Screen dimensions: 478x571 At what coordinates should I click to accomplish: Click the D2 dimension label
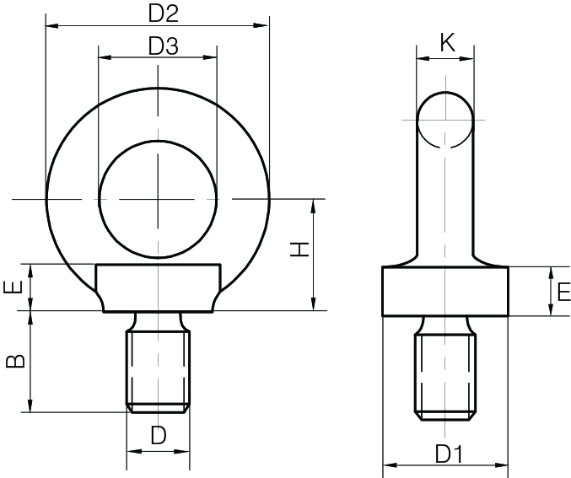[x=164, y=13]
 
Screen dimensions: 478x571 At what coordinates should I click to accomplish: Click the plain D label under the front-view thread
[x=158, y=436]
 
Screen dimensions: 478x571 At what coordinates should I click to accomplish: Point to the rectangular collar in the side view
[x=445, y=292]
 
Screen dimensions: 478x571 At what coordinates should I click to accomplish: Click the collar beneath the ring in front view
[x=158, y=287]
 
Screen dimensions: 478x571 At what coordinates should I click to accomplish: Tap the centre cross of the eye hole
[x=158, y=199]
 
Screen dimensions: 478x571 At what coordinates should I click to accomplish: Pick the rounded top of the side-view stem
[x=445, y=105]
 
